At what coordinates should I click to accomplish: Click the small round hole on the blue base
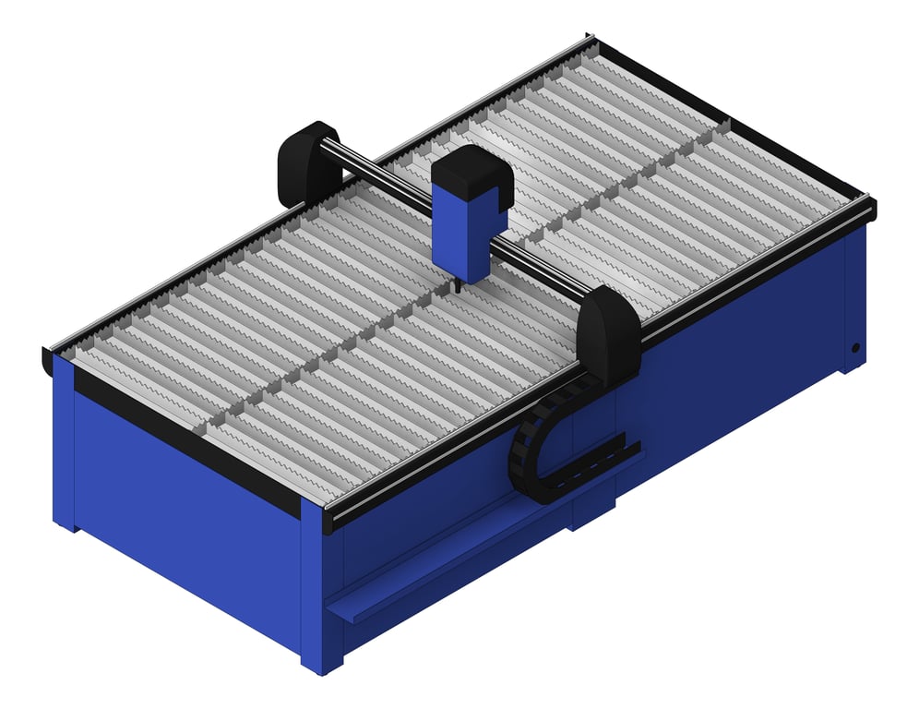[x=855, y=349]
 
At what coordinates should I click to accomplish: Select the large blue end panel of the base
[x=185, y=535]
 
